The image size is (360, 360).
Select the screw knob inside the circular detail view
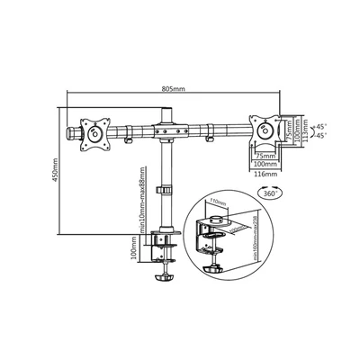218,266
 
